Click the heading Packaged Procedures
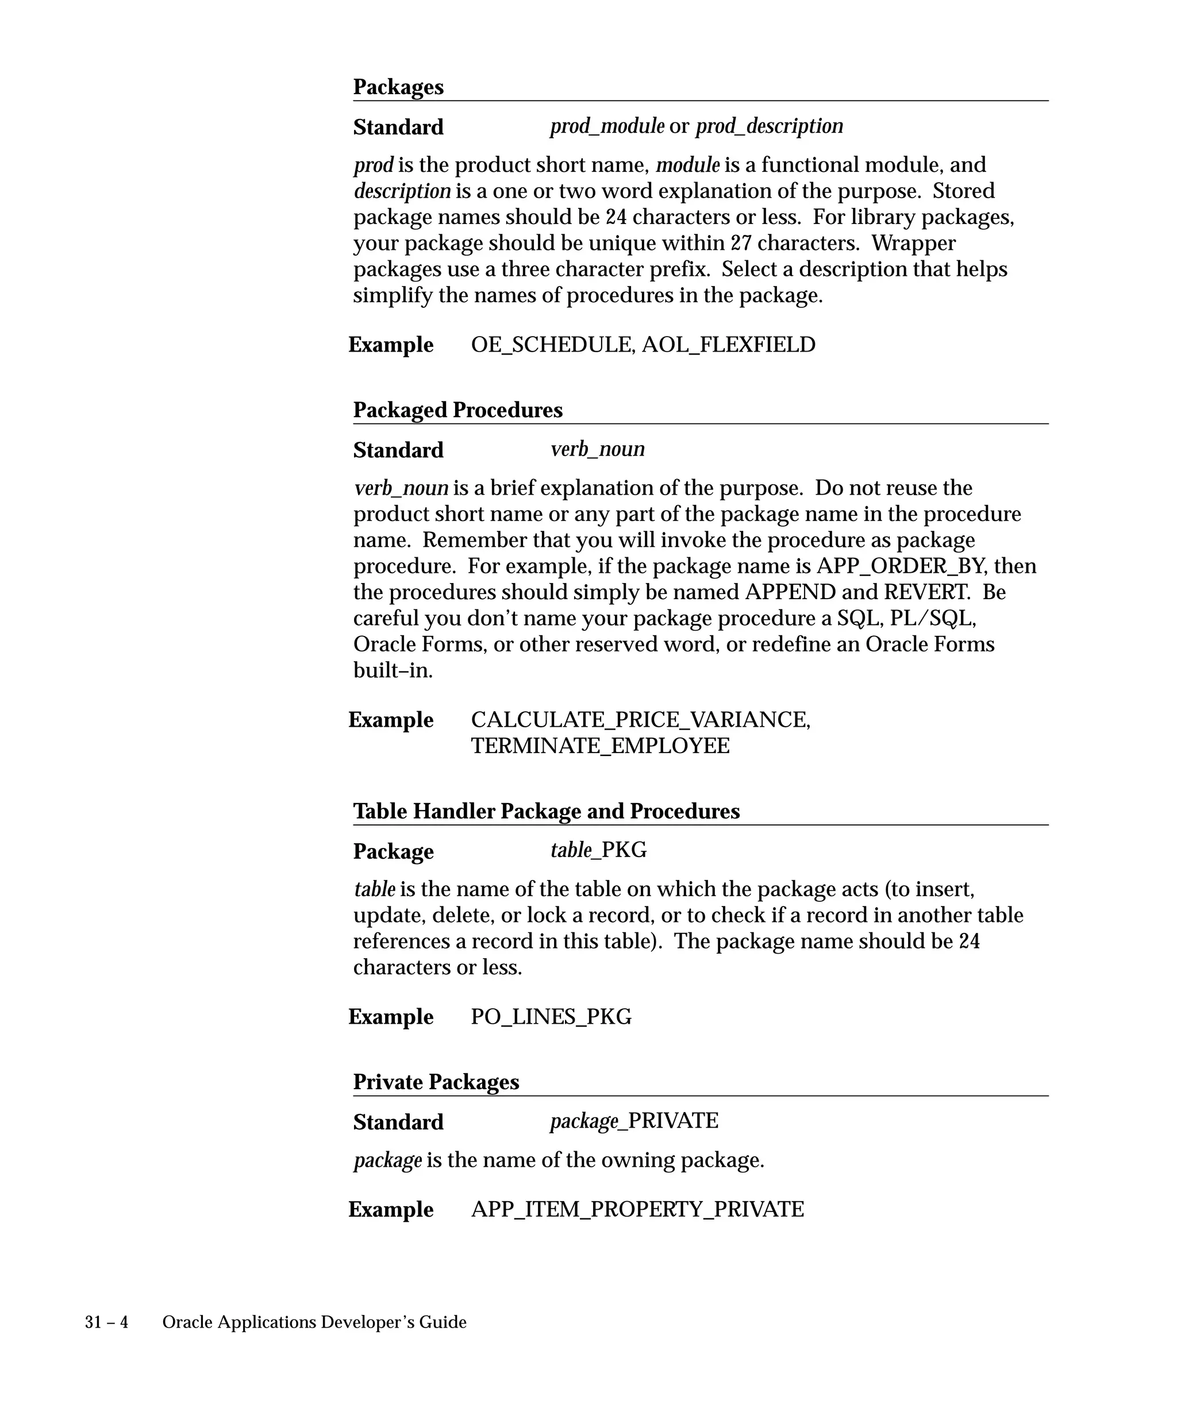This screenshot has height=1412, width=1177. pyautogui.click(x=457, y=410)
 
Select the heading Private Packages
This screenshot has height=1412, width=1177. pyautogui.click(x=436, y=1082)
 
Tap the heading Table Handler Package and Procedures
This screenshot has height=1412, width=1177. pyautogui.click(x=546, y=812)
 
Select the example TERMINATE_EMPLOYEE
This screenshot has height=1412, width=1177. pyautogui.click(x=600, y=746)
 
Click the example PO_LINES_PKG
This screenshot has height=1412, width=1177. pyautogui.click(x=551, y=1017)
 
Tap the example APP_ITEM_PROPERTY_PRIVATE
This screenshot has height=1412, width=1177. pyautogui.click(x=637, y=1210)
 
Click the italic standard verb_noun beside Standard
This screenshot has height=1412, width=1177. pyautogui.click(x=597, y=449)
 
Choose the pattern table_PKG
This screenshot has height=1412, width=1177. pyautogui.click(x=598, y=851)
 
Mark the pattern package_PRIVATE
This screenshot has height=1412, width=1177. pyautogui.click(x=633, y=1121)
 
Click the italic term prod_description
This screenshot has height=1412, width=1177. pyautogui.click(x=769, y=126)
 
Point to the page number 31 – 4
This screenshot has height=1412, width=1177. pyautogui.click(x=106, y=1322)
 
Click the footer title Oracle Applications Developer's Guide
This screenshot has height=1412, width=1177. pyautogui.click(x=314, y=1322)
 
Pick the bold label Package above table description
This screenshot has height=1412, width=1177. pyautogui.click(x=394, y=852)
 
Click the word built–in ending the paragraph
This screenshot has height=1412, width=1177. pyautogui.click(x=393, y=670)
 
